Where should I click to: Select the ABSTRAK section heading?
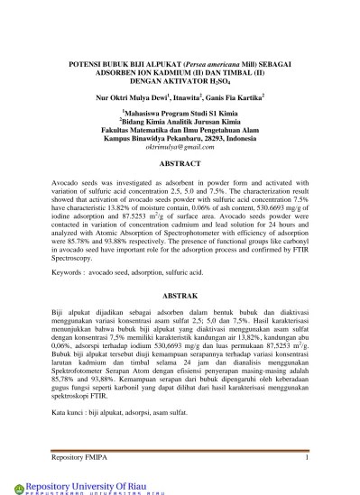click(x=180, y=296)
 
